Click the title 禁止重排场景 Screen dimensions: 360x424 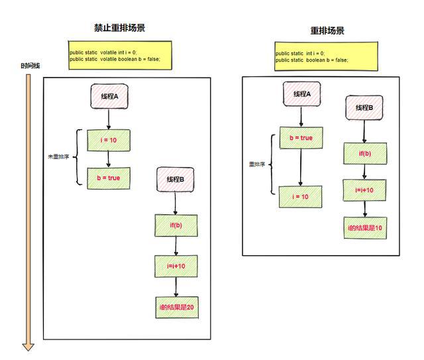[x=119, y=29]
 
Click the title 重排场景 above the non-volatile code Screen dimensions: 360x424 [x=327, y=31]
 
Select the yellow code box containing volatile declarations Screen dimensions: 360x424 [x=120, y=56]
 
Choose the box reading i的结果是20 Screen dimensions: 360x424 [x=176, y=307]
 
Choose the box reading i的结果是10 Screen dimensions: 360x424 [x=364, y=227]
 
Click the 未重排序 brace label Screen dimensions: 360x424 [x=58, y=157]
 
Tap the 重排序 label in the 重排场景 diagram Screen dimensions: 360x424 [x=257, y=164]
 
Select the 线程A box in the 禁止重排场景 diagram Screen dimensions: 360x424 [x=109, y=97]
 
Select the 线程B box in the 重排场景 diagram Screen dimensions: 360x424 [x=364, y=107]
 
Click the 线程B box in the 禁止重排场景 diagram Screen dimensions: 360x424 [x=176, y=180]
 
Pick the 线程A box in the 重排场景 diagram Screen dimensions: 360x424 [x=301, y=94]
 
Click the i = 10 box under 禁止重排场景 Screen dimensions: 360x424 [x=109, y=141]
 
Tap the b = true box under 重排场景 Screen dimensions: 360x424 [x=301, y=138]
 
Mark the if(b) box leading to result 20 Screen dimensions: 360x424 [x=176, y=225]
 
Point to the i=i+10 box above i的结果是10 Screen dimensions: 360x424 [x=364, y=190]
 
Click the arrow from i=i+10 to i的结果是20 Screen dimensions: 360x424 [x=176, y=286]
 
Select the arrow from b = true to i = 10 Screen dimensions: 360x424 [x=301, y=167]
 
